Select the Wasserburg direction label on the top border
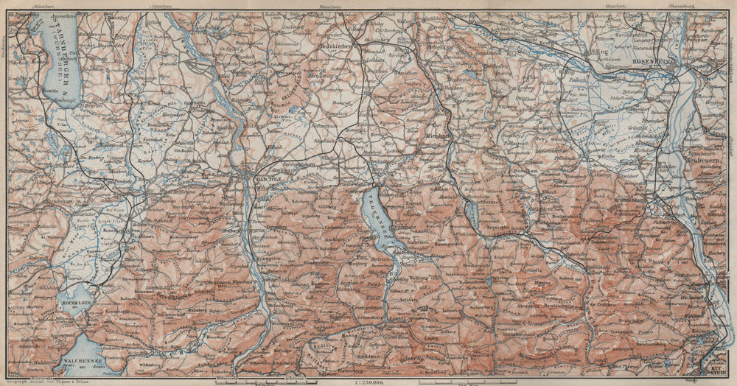[678, 5]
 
